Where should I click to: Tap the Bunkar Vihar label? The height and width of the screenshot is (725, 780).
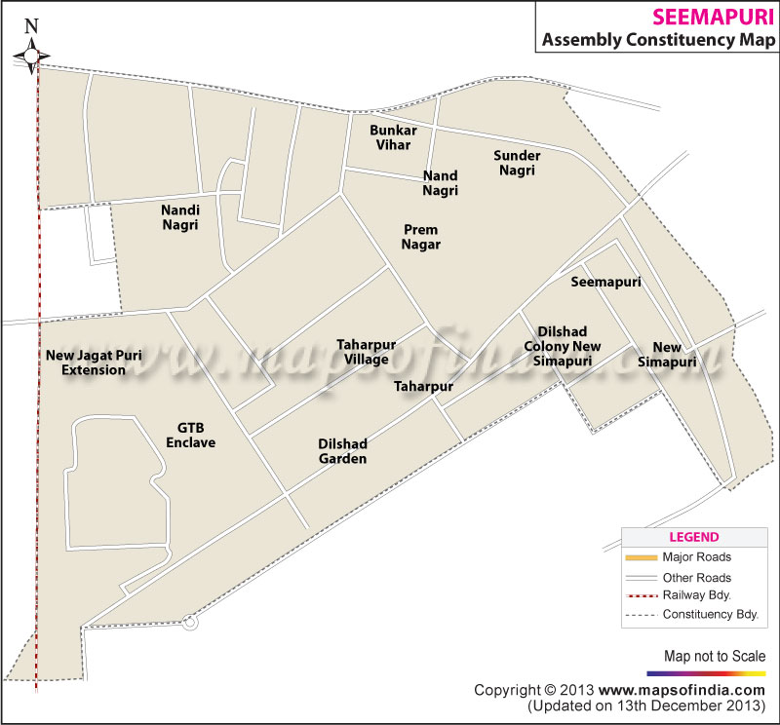coord(390,137)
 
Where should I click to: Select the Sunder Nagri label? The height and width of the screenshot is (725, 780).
coord(517,163)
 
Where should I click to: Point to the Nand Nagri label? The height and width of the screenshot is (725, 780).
coord(441,183)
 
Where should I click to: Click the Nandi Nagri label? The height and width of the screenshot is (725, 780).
coord(180,217)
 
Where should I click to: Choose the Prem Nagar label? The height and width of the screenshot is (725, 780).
coord(421,237)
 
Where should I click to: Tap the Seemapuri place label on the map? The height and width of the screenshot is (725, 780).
coord(605,282)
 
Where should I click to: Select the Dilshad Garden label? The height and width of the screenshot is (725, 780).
coord(342,450)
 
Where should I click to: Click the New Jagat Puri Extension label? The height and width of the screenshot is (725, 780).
coord(94,362)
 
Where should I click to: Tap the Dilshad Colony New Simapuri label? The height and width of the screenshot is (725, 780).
coord(563,346)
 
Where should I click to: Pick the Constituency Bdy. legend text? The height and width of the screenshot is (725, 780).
coord(710,615)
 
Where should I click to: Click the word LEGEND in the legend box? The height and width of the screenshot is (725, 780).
coord(693,537)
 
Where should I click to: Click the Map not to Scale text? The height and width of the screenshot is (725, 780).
coord(715,656)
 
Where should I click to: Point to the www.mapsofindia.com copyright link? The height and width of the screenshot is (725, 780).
coord(662,690)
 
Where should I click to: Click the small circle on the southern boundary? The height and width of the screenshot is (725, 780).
coord(189,621)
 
